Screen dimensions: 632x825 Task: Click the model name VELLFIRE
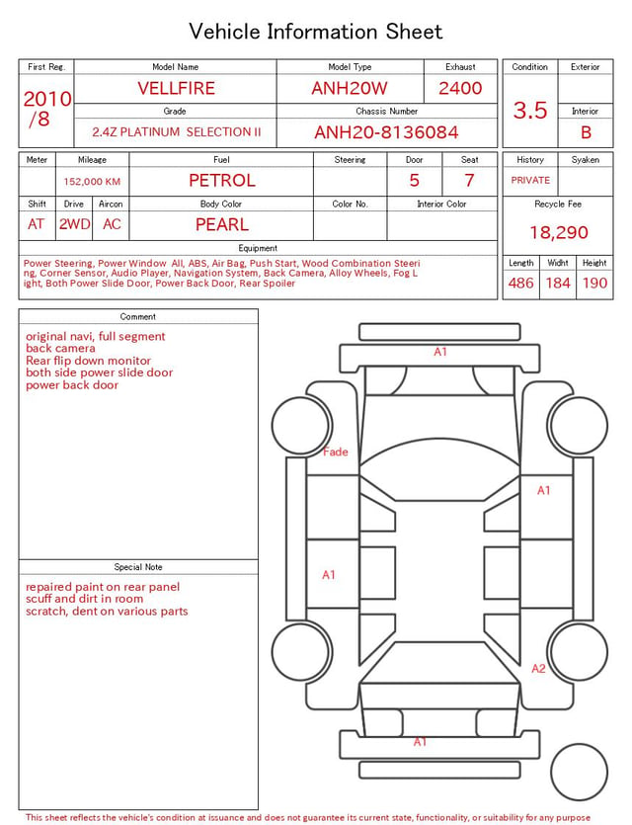(x=176, y=88)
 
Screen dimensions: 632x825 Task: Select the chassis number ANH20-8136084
(x=386, y=132)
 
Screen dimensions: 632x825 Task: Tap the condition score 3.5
(x=530, y=111)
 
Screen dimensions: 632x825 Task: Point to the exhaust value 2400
(x=460, y=88)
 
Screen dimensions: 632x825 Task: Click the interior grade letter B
(x=586, y=132)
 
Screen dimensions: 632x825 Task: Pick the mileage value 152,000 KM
(x=92, y=182)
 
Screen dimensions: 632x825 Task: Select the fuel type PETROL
(x=222, y=181)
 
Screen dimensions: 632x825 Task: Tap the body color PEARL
(x=222, y=224)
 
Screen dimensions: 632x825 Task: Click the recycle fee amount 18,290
(x=558, y=232)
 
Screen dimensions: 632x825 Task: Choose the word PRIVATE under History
(x=530, y=180)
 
